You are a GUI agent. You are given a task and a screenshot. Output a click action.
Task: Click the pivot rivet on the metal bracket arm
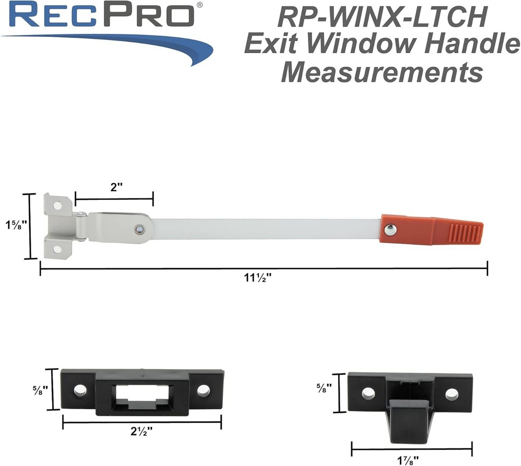pyautogui.click(x=139, y=229)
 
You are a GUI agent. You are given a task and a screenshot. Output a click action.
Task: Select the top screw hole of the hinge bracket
pyautogui.click(x=57, y=206)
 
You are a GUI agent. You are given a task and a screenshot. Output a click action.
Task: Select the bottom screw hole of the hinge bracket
pyautogui.click(x=57, y=249)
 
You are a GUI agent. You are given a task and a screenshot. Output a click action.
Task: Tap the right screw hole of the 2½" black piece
pyautogui.click(x=203, y=389)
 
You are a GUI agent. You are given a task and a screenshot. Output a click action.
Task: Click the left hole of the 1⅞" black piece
pyautogui.click(x=368, y=394)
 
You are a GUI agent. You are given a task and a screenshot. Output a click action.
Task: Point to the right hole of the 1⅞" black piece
pyautogui.click(x=451, y=394)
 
